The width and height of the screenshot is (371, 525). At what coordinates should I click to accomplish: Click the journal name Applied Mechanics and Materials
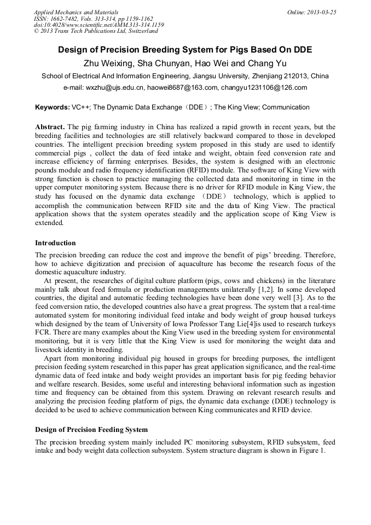pos(76,12)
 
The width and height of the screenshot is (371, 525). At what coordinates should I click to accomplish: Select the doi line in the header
pos(98,25)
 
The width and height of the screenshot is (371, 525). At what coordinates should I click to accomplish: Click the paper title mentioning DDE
pos(185,50)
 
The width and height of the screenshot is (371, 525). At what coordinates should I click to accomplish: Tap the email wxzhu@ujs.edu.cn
pos(115,88)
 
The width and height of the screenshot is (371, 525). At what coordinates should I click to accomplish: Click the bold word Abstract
pos(50,127)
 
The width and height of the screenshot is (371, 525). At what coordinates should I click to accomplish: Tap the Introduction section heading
pos(55,243)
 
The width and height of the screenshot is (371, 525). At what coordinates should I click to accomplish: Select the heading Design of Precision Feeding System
pos(91,429)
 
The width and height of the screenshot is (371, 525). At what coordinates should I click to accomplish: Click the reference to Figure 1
pos(314,451)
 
